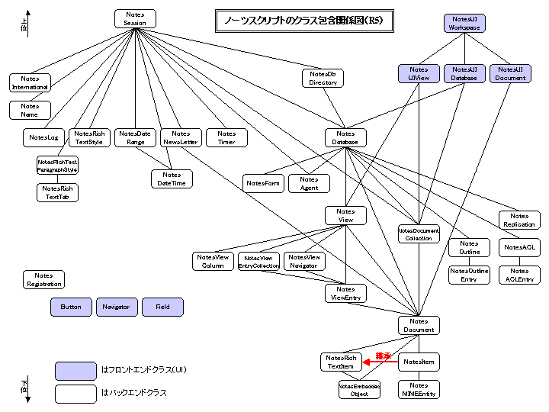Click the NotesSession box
[135, 19]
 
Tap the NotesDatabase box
[345, 137]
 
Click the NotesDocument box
[419, 326]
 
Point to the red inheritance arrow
[380, 362]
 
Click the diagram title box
[304, 21]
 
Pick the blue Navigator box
[116, 307]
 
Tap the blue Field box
[162, 307]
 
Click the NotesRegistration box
[43, 280]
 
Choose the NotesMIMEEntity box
[419, 390]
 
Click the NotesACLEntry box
[519, 275]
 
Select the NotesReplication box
[519, 220]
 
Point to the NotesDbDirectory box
[323, 79]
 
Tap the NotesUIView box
[419, 73]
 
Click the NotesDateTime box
[172, 179]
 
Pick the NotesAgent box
[309, 183]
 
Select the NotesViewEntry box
[345, 293]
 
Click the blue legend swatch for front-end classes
[75, 371]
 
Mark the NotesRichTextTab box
[57, 192]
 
